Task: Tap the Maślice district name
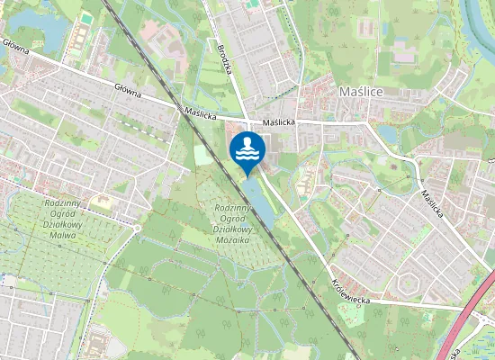tap(362, 92)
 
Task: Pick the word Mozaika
tap(231, 240)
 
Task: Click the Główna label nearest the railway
tap(130, 89)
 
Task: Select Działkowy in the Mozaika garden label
tap(231, 229)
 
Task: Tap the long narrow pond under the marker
tap(259, 202)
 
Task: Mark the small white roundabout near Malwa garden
tap(136, 228)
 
